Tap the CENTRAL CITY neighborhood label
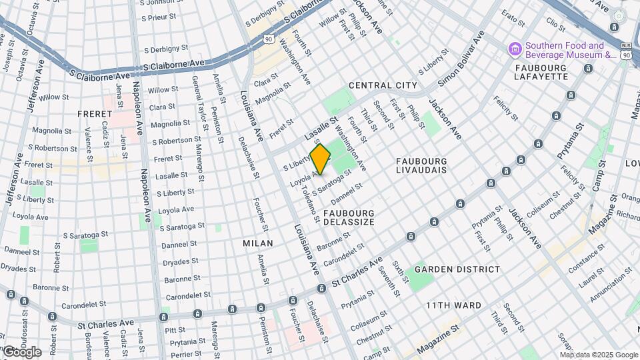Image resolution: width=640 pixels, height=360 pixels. click(383, 85)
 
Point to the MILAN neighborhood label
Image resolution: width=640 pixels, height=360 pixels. click(258, 243)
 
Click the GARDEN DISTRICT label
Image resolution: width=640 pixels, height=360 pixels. click(457, 269)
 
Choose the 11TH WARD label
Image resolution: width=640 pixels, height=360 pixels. click(453, 305)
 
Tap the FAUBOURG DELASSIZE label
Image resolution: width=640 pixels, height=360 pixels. click(349, 217)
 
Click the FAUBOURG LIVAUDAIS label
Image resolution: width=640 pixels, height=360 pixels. click(421, 165)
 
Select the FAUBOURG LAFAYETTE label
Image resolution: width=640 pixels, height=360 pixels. click(540, 72)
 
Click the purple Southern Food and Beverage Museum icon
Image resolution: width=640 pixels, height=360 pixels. click(514, 49)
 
